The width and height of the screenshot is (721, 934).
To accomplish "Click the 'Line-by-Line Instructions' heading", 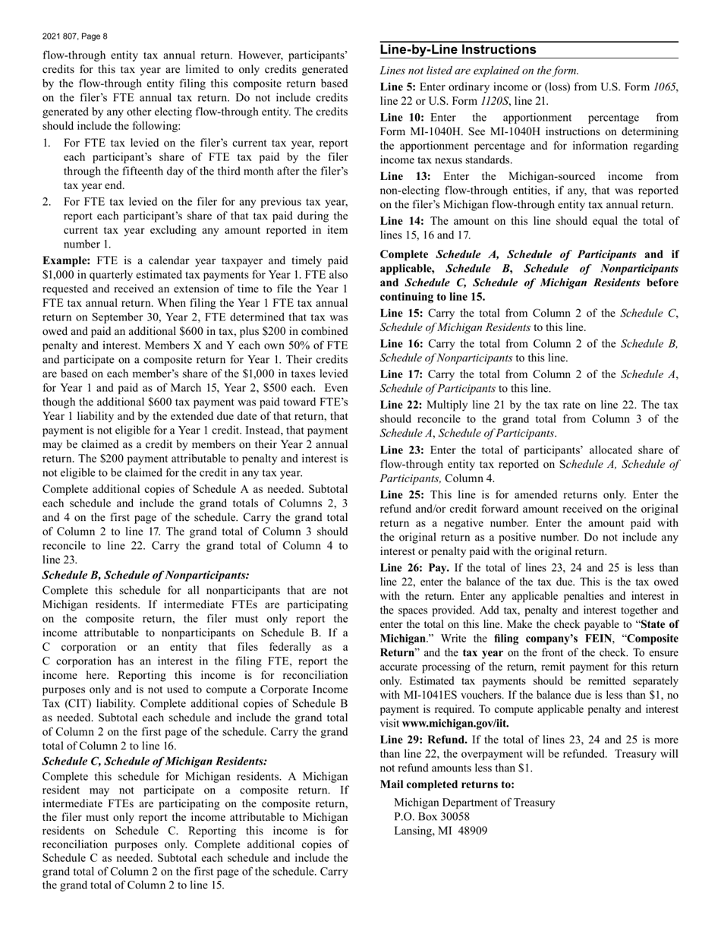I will [458, 50].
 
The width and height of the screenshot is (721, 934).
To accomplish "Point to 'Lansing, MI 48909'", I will [440, 831].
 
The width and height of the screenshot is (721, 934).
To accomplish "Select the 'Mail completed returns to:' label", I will [446, 784].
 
